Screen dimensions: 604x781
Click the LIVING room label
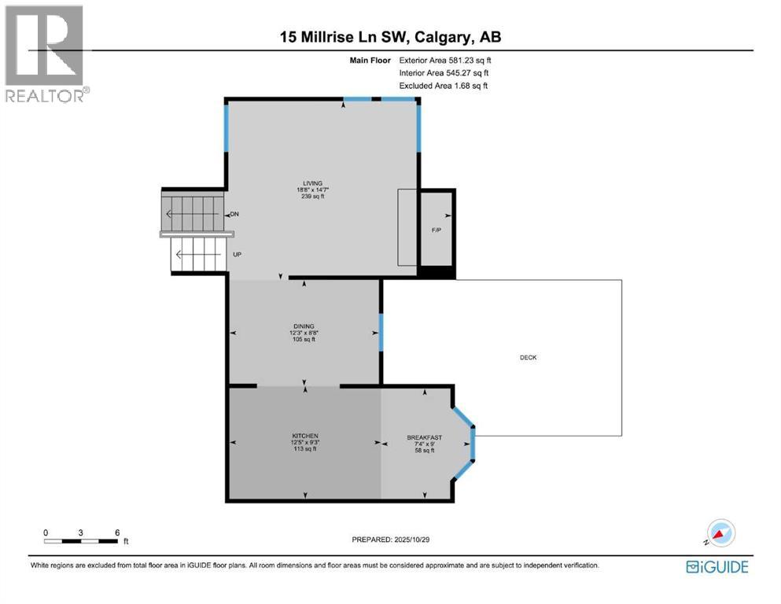click(x=306, y=182)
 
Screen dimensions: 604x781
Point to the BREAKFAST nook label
click(x=424, y=437)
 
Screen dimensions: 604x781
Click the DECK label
click(x=528, y=357)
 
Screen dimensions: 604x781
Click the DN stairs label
click(x=234, y=215)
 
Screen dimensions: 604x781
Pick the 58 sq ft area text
click(x=425, y=451)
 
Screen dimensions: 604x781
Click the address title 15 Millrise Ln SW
click(x=390, y=37)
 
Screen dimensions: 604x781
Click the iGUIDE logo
click(x=717, y=567)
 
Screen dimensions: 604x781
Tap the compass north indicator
click(x=720, y=532)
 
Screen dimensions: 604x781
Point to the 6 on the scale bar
click(x=117, y=532)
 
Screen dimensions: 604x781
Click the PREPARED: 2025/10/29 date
click(x=391, y=540)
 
